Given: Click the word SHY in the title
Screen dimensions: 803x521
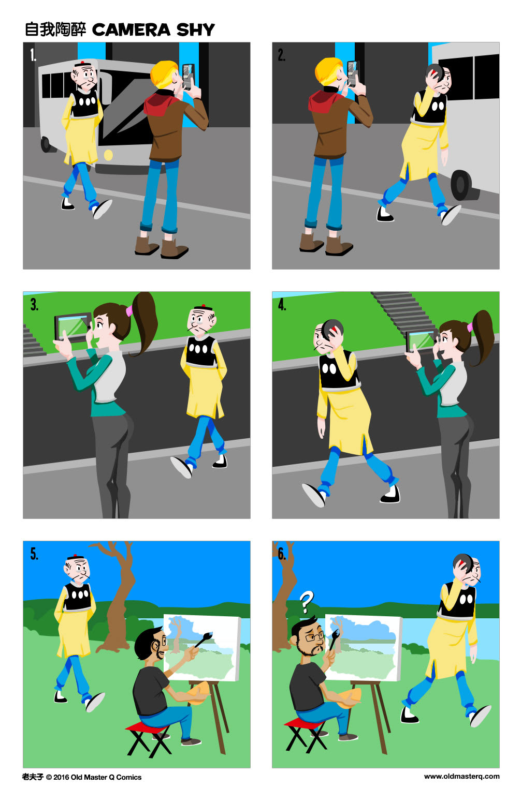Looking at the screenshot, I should [x=195, y=30].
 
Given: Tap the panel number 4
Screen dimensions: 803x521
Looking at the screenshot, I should [x=282, y=304].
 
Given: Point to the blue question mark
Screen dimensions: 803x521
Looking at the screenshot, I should [x=307, y=602].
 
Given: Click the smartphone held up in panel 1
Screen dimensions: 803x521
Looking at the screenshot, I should [x=188, y=75].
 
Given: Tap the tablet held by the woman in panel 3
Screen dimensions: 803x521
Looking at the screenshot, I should [x=74, y=326].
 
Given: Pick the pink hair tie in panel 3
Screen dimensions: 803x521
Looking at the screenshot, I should [x=129, y=310].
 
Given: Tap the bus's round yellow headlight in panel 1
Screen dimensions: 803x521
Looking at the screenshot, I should [x=108, y=155].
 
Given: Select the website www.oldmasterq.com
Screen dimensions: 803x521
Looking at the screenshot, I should [x=461, y=776].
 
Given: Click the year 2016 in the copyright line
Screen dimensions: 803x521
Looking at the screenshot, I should [x=61, y=777].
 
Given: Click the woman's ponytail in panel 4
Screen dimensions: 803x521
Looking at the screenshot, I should [x=484, y=336].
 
